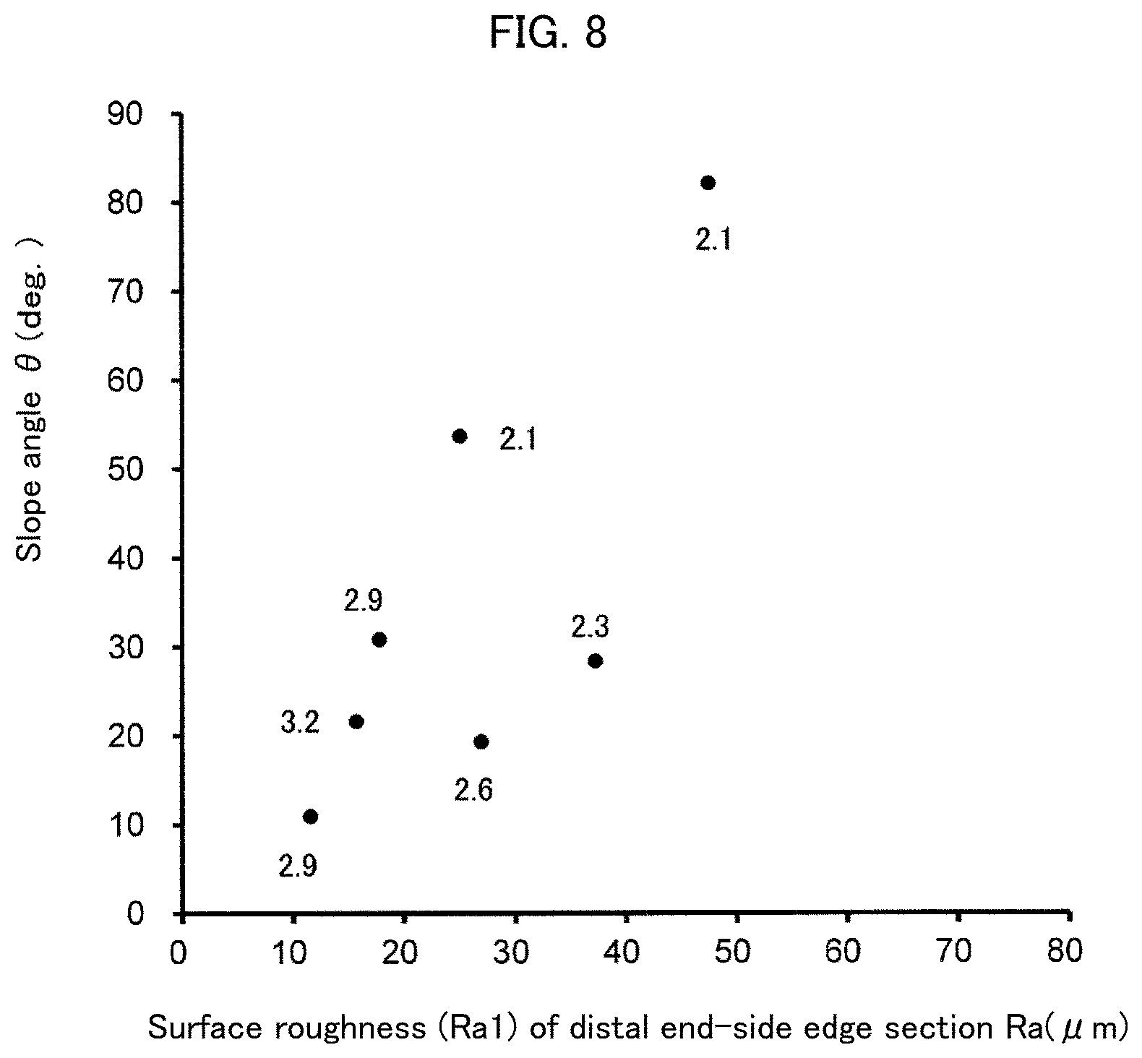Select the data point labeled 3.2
click(x=356, y=721)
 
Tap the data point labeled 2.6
click(x=481, y=741)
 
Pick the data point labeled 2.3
click(x=596, y=661)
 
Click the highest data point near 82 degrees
click(x=708, y=183)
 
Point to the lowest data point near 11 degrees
click(x=311, y=817)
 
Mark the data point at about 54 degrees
click(x=460, y=436)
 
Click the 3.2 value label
click(x=300, y=722)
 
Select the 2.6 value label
click(x=473, y=791)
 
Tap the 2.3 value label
click(x=591, y=627)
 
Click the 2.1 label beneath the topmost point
click(x=714, y=238)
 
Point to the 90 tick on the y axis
click(x=126, y=115)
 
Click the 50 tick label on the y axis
click(x=126, y=470)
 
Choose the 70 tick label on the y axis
click(x=126, y=292)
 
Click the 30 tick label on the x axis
click(x=510, y=952)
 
